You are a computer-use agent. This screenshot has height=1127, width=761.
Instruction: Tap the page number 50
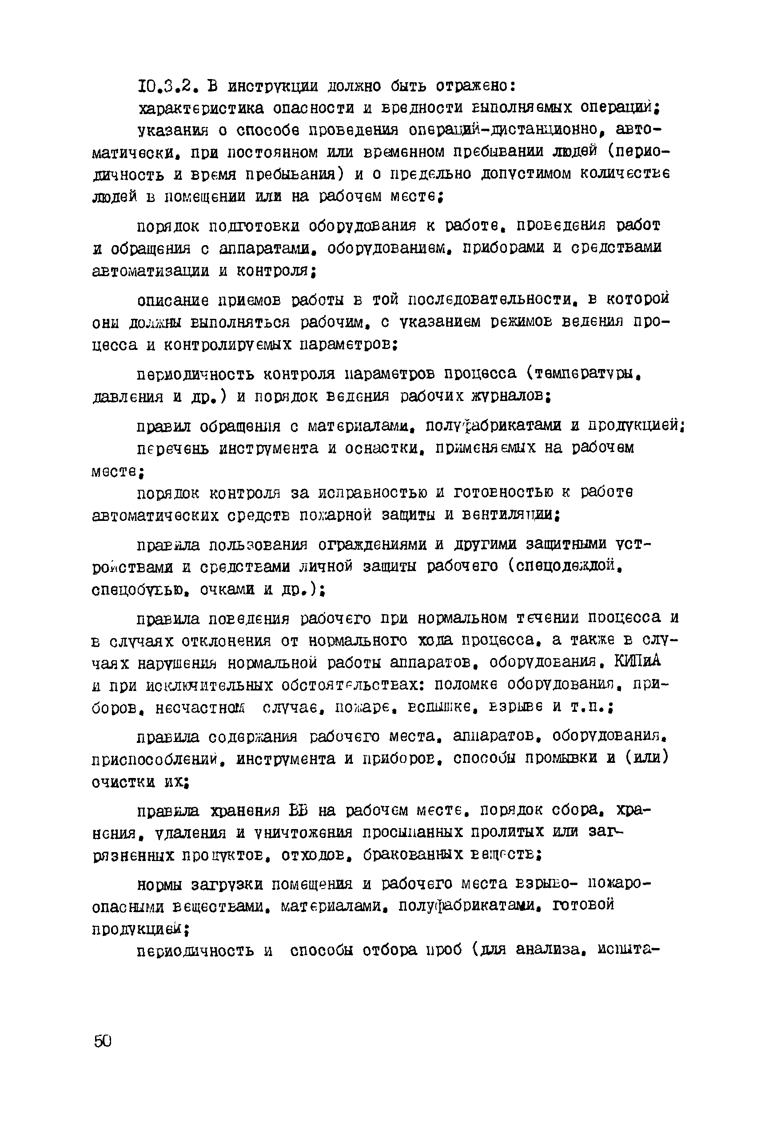[x=103, y=1041]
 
